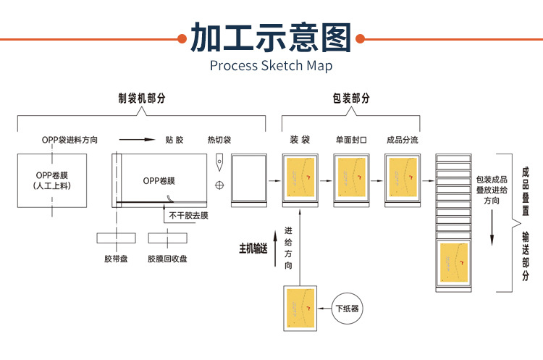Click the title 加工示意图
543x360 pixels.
click(x=271, y=38)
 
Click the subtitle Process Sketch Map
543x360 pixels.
click(x=271, y=66)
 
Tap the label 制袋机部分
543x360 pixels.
click(x=142, y=98)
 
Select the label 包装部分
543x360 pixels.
click(x=351, y=98)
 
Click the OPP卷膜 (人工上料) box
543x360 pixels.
click(x=51, y=180)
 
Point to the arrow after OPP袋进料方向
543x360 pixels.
click(x=137, y=140)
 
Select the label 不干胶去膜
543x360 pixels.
click(x=188, y=215)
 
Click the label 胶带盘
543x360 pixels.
click(x=116, y=258)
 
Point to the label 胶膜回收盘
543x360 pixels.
click(x=167, y=258)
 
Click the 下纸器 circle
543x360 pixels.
click(x=348, y=309)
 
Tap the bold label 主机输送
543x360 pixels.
click(x=253, y=248)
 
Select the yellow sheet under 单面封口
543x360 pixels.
click(x=352, y=180)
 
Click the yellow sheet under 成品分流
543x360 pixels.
click(x=403, y=180)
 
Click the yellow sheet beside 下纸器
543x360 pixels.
click(x=300, y=309)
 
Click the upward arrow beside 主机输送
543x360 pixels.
click(x=276, y=248)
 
